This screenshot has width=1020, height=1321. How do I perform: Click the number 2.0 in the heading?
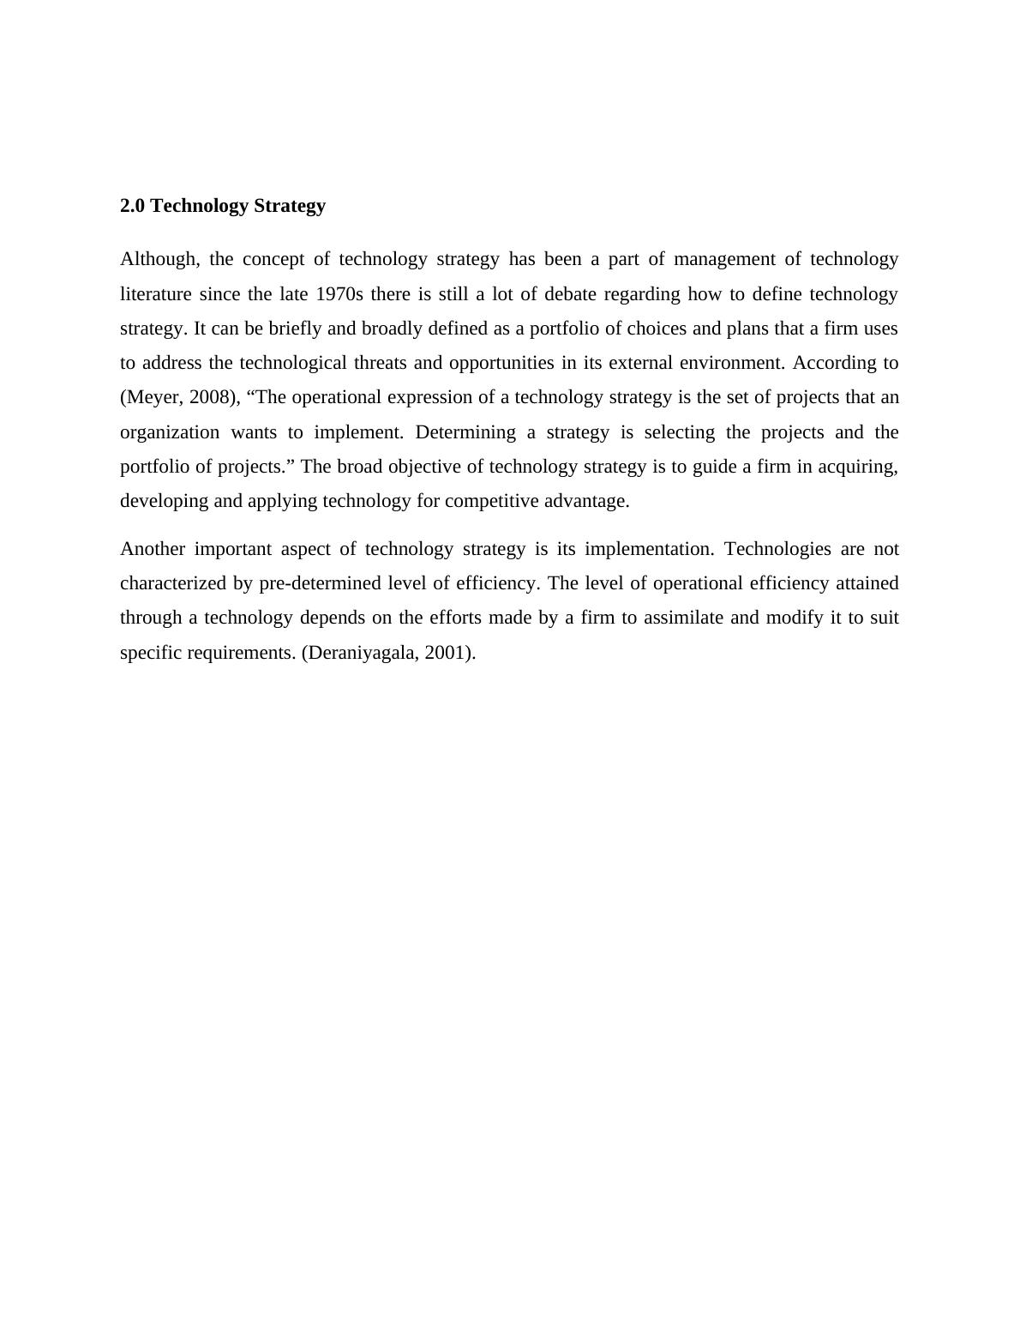pos(133,206)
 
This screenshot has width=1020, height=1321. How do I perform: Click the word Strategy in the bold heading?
pos(290,206)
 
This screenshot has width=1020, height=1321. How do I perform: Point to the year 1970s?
pos(339,294)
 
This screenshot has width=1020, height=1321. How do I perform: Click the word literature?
pos(155,294)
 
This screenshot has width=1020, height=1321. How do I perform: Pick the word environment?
pos(731,363)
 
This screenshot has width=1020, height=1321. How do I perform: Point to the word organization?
pos(170,432)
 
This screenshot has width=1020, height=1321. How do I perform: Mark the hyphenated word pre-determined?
pos(320,583)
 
